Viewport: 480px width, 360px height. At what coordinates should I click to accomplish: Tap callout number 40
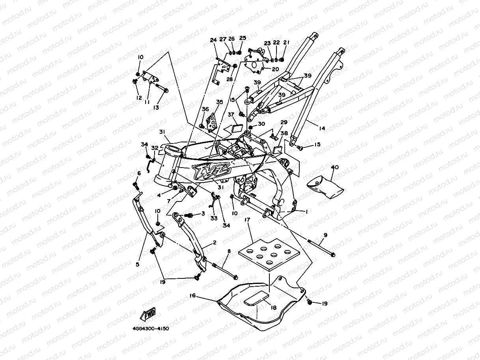(x=334, y=167)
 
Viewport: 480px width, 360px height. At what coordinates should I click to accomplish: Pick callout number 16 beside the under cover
(x=192, y=295)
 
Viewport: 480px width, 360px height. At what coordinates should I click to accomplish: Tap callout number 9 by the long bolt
(x=325, y=235)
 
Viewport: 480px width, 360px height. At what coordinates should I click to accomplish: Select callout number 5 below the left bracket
(x=138, y=264)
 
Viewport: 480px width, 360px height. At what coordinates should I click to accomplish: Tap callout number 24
(x=213, y=40)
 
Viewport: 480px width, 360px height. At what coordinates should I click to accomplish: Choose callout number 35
(x=220, y=102)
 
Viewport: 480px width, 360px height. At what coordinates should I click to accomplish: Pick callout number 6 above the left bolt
(x=139, y=173)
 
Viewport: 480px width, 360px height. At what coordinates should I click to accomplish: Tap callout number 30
(x=261, y=124)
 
